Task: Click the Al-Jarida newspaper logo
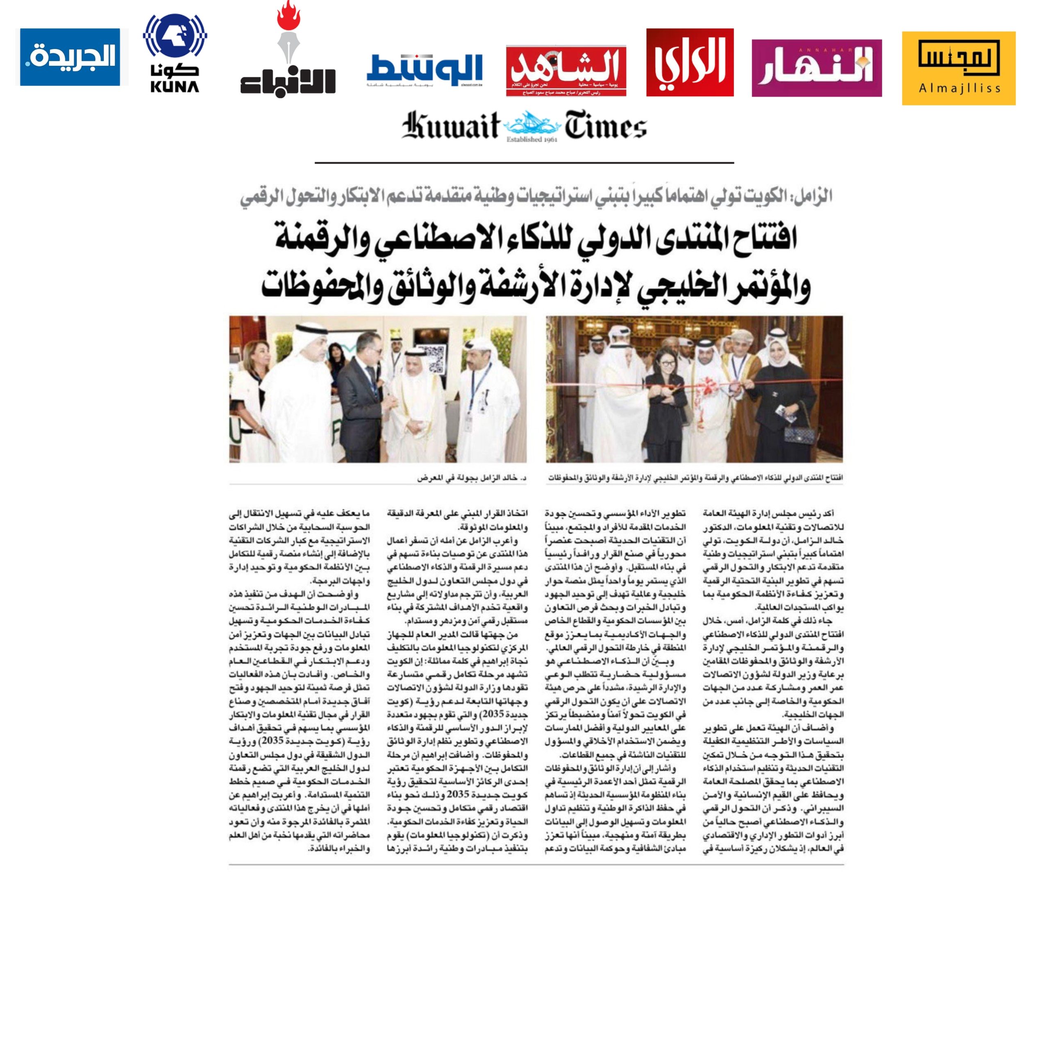point(70,57)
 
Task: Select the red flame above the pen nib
point(288,16)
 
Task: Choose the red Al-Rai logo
point(690,62)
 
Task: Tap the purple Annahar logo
point(816,68)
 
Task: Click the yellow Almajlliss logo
point(958,68)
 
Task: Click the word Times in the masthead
point(605,127)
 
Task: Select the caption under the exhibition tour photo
point(471,478)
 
